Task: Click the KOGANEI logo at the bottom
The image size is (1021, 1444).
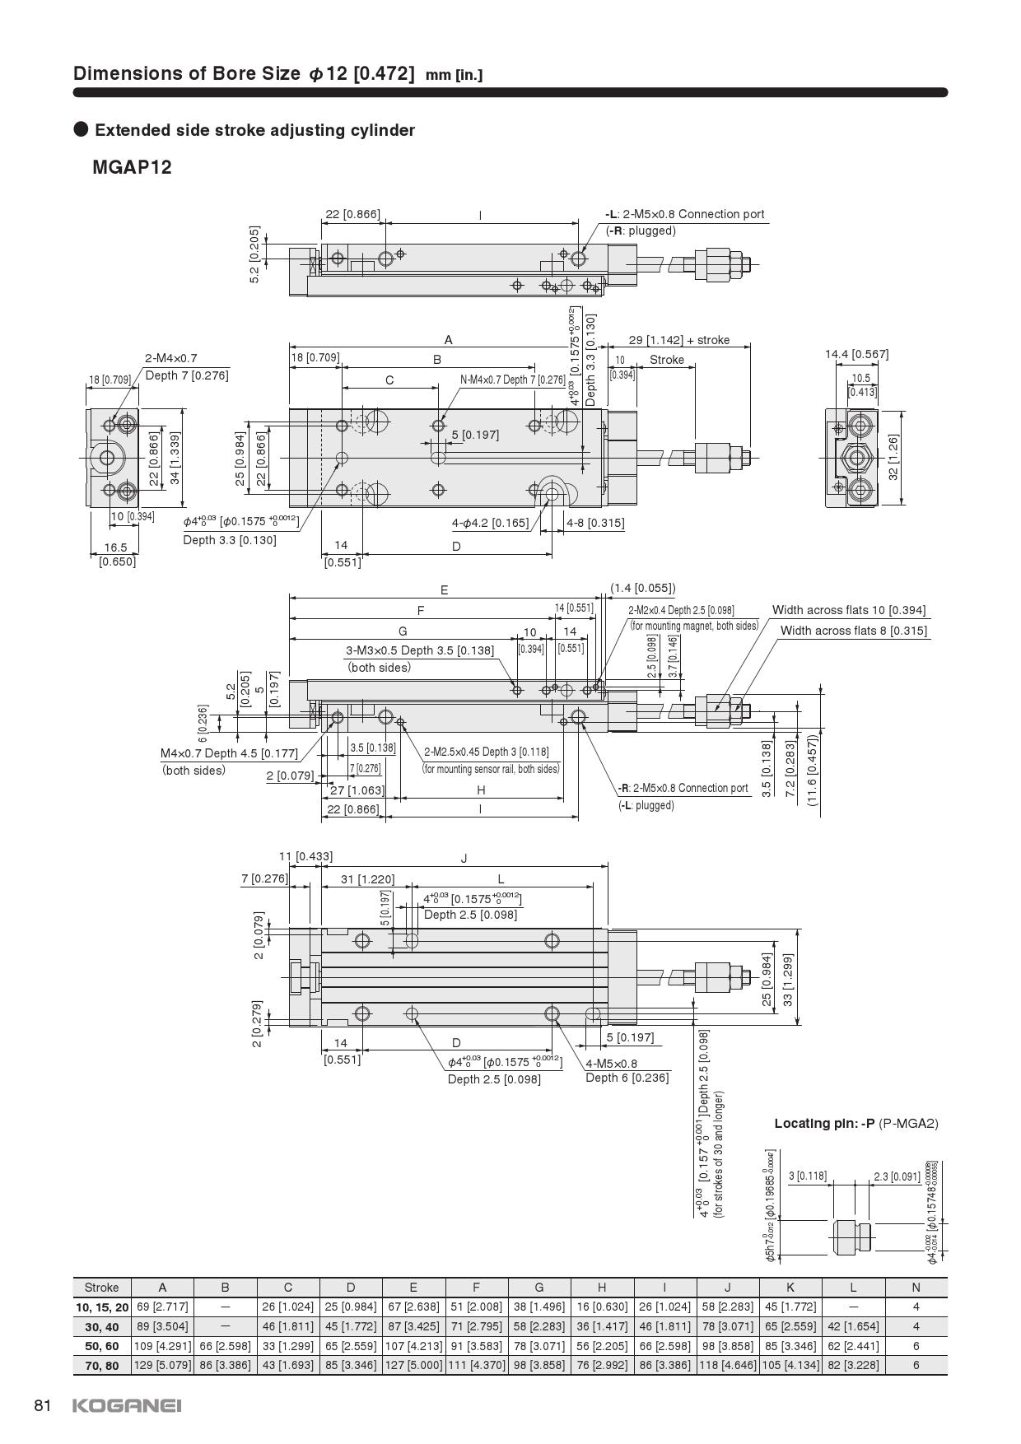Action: [x=127, y=1405]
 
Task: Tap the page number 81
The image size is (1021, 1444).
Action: [x=44, y=1405]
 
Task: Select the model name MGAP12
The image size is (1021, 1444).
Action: [x=132, y=168]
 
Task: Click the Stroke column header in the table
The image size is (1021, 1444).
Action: [x=101, y=1288]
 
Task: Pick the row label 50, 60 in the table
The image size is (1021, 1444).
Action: [x=101, y=1346]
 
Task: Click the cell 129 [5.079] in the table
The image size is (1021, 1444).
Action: [x=162, y=1366]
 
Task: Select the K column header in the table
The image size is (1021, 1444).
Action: [x=790, y=1288]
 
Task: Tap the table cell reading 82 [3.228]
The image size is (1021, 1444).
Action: [x=852, y=1366]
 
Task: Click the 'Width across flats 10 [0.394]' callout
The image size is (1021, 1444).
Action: [x=848, y=611]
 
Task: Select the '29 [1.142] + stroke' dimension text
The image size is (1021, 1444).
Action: [x=678, y=340]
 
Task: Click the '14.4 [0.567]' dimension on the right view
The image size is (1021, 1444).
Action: [x=856, y=355]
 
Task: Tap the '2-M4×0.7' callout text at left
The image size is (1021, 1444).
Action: [x=171, y=358]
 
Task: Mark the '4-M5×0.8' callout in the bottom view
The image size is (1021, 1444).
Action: [x=611, y=1063]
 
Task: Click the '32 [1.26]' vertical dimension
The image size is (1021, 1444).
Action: [x=893, y=457]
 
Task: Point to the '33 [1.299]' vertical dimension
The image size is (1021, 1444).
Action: [x=787, y=979]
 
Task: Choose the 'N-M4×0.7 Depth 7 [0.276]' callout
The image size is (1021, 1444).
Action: [x=512, y=380]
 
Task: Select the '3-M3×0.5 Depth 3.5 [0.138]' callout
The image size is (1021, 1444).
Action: [x=420, y=650]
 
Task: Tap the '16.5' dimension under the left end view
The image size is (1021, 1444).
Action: [x=116, y=547]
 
